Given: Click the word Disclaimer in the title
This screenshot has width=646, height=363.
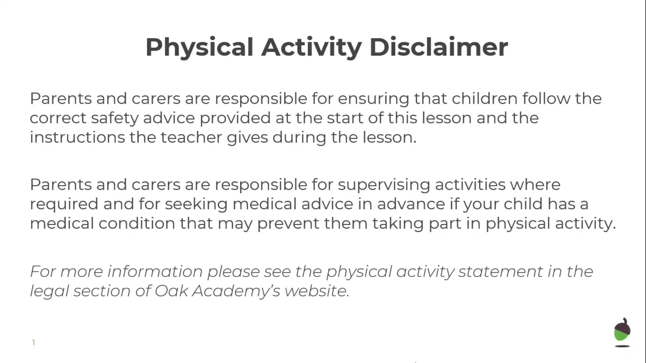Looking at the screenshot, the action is (x=438, y=47).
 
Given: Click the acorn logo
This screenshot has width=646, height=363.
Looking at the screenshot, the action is (x=622, y=332).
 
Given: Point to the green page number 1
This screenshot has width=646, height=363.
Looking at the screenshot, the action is (x=33, y=342).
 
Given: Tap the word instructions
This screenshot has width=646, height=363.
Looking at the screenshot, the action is (x=77, y=137).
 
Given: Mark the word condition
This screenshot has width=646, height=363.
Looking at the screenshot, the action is (x=137, y=223).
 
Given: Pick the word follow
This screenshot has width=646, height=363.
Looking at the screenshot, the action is (x=546, y=98).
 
